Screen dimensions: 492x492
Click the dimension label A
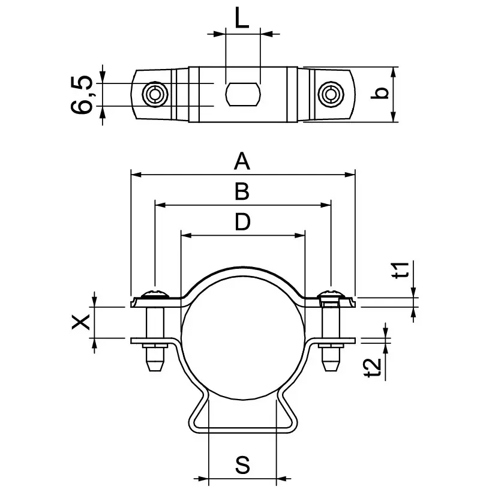[242, 161]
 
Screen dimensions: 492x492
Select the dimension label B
[242, 191]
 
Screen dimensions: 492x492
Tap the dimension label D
[242, 223]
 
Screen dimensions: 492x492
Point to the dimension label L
[242, 19]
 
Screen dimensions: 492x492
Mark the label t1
[404, 271]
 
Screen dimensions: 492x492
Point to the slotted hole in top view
[242, 94]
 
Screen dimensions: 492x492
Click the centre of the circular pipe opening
[242, 339]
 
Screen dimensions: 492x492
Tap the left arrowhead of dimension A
[135, 175]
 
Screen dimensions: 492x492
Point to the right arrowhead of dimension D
[301, 236]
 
